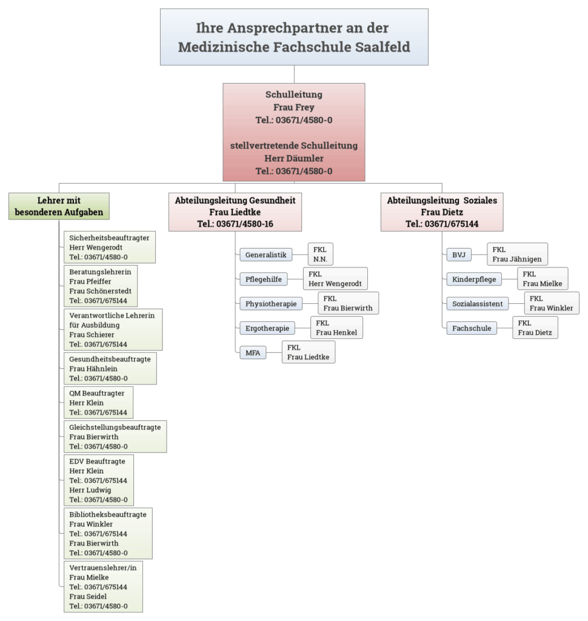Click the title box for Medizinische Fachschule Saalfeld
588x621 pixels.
[x=294, y=37]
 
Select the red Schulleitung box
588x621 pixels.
[x=294, y=132]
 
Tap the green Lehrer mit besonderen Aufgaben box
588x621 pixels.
[x=59, y=206]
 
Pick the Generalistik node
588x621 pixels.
[x=266, y=255]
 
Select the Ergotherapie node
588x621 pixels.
[x=267, y=328]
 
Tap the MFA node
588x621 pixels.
[x=253, y=352]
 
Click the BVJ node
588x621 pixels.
[x=458, y=255]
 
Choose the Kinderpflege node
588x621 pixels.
[x=474, y=280]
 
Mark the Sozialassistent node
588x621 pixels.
[x=477, y=304]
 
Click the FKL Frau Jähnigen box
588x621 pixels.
[x=517, y=254]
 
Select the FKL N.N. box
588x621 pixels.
[x=320, y=254]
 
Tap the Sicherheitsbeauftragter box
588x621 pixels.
[x=109, y=247]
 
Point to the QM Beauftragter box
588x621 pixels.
[x=98, y=403]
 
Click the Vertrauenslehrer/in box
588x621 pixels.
[x=103, y=586]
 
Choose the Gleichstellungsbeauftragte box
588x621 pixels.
[x=115, y=437]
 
